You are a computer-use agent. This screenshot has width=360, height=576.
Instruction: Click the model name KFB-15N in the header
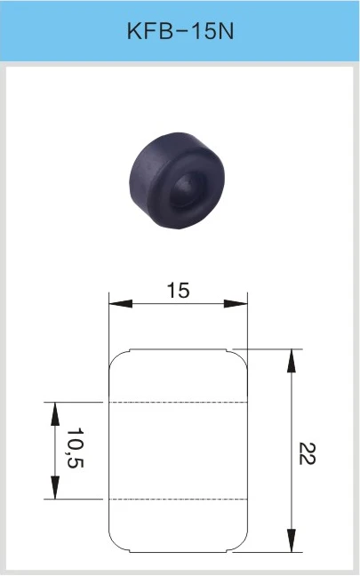click(x=180, y=33)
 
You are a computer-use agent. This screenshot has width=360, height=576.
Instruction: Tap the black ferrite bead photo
click(x=179, y=179)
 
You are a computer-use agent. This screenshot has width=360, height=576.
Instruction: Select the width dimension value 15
click(x=178, y=291)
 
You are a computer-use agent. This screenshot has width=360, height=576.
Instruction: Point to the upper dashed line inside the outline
click(x=177, y=402)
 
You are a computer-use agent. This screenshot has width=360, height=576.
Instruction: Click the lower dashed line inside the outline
click(x=177, y=499)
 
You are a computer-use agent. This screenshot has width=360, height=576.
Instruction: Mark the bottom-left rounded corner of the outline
click(x=115, y=542)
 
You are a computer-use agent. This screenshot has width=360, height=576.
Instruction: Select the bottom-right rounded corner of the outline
click(x=241, y=542)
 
